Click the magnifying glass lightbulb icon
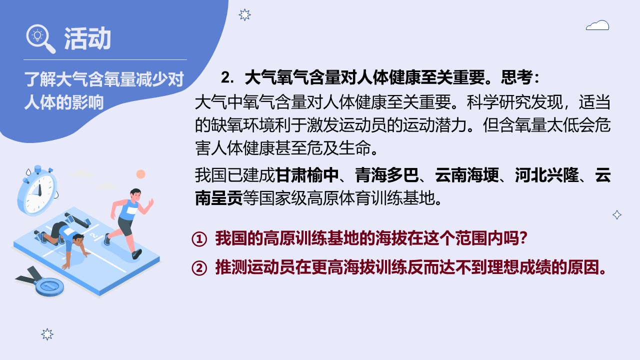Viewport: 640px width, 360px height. point(40,38)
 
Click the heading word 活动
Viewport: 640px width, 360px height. point(87,38)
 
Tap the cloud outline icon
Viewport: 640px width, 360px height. point(597,25)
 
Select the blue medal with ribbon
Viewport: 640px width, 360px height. point(41,282)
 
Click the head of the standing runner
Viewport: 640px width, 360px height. point(135,194)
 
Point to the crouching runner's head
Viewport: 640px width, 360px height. point(77,239)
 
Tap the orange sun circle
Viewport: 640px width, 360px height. point(140,174)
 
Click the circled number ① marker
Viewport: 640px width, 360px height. point(199,239)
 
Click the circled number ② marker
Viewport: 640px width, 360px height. point(199,268)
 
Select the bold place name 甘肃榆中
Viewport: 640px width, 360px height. point(307,175)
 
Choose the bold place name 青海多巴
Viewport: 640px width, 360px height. point(387,175)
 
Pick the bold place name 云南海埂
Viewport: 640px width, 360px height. point(467,175)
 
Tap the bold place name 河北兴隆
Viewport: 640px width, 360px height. point(547,175)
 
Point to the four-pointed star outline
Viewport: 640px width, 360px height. point(617,215)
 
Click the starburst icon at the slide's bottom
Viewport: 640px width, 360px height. point(47,334)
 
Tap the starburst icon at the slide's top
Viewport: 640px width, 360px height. point(244,15)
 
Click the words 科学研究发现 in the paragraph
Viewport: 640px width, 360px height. point(514,102)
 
